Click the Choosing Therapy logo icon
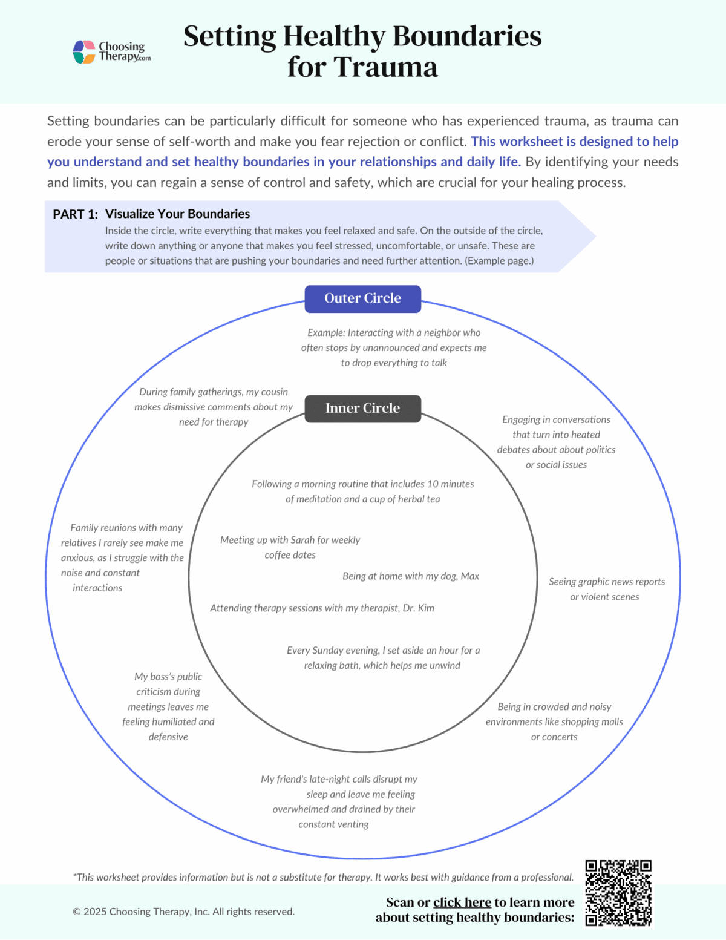pos(84,52)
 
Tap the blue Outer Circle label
pos(362,298)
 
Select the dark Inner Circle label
pos(362,409)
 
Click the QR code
pos(618,893)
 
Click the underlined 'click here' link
pos(462,902)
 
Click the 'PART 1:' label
pos(75,214)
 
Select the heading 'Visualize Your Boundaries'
pos(177,214)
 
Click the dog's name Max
pos(470,576)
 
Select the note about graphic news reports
pos(606,589)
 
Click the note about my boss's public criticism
pos(168,706)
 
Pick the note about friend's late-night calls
pos(339,801)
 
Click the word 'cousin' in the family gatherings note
pos(275,392)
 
